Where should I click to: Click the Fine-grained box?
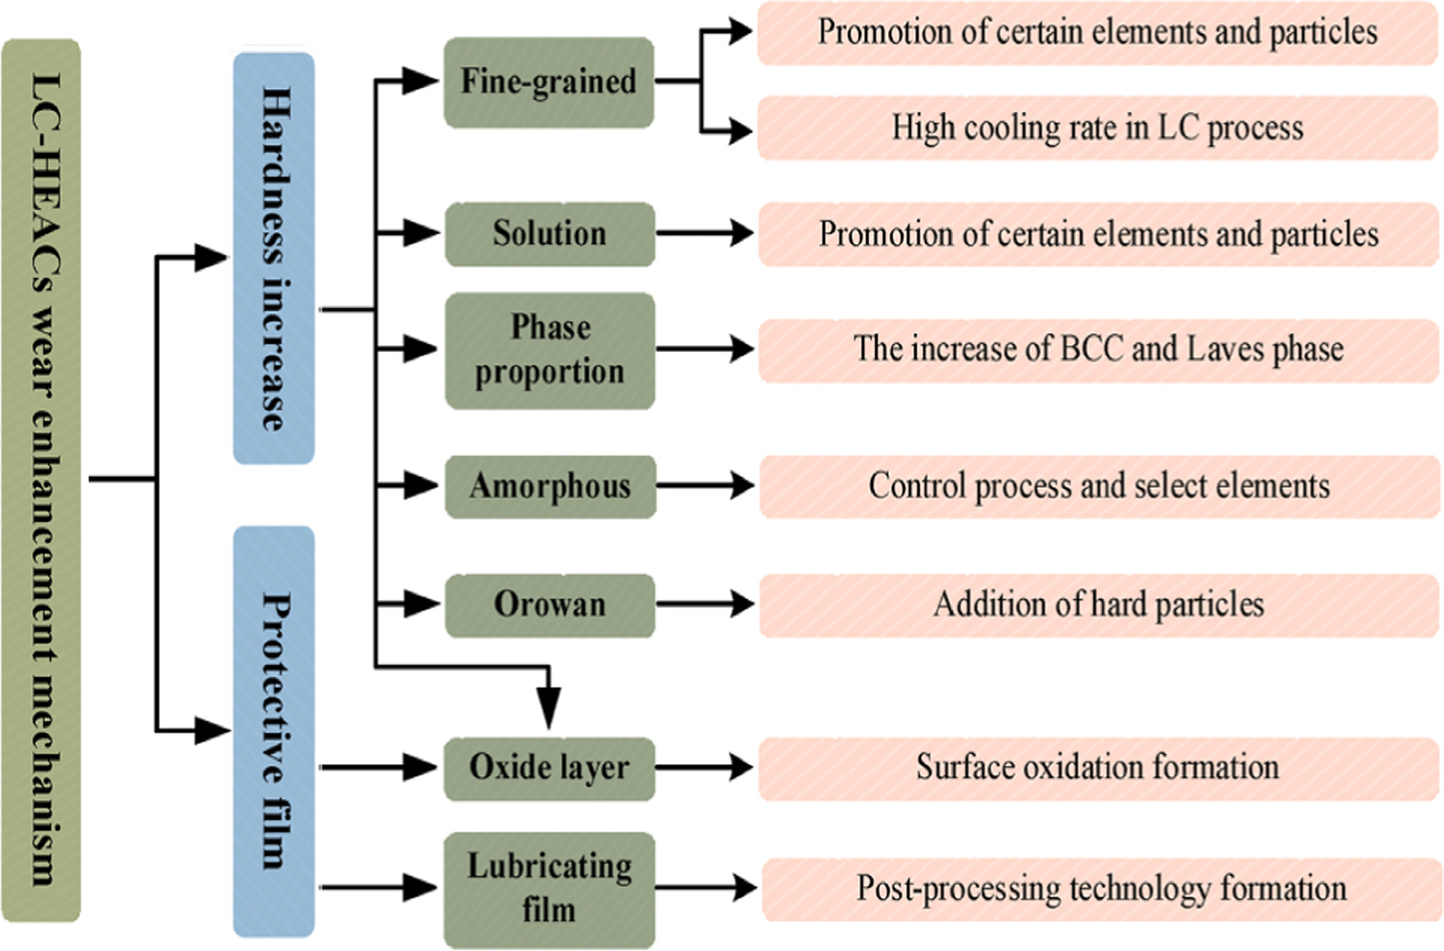click(548, 83)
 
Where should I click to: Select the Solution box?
click(549, 233)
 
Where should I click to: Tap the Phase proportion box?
click(549, 350)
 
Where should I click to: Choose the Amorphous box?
click(549, 486)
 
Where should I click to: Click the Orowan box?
click(549, 605)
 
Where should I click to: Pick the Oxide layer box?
click(549, 767)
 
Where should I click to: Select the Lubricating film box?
click(549, 889)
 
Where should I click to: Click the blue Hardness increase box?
click(274, 258)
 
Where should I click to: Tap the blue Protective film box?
click(274, 731)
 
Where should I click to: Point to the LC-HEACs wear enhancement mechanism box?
click(42, 480)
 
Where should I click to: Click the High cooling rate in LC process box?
click(1097, 128)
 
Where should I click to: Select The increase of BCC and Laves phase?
click(1097, 350)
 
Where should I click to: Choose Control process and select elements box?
click(1099, 486)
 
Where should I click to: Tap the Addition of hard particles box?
click(1099, 605)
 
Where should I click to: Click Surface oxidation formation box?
click(1097, 767)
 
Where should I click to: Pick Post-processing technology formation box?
click(1100, 889)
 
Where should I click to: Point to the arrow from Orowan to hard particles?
click(706, 604)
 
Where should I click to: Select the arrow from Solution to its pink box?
click(706, 232)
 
